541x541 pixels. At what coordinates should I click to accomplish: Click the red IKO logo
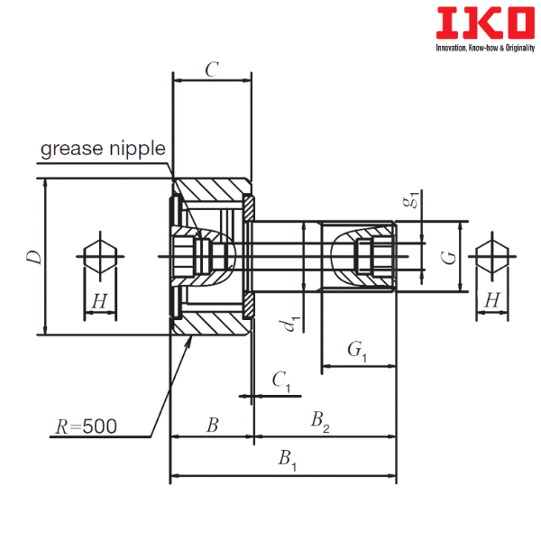tap(485, 23)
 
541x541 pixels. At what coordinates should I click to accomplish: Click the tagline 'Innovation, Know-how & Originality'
tap(485, 48)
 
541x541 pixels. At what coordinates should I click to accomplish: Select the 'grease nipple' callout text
tap(103, 150)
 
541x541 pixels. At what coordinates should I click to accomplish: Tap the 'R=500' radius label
tap(87, 426)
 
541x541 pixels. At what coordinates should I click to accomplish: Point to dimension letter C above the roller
tap(212, 69)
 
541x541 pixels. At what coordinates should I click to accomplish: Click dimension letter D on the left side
tap(34, 257)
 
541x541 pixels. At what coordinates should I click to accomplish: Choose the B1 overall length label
tap(288, 460)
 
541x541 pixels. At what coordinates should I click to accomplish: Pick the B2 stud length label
tap(320, 422)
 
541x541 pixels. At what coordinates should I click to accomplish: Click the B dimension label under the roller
tap(213, 425)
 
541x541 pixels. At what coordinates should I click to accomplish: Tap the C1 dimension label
tap(281, 381)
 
